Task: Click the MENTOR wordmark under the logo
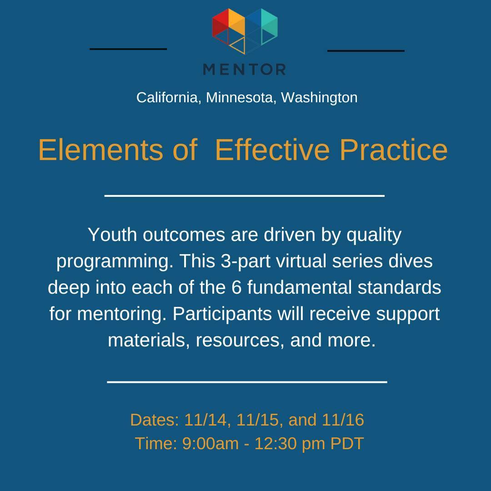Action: [244, 69]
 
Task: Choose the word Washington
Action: [319, 98]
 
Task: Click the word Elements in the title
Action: [100, 150]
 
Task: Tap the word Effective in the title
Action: [272, 150]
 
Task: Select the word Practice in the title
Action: [394, 150]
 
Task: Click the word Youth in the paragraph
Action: [112, 235]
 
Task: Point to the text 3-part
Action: [245, 261]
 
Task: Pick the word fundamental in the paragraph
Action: [299, 287]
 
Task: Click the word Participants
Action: [222, 314]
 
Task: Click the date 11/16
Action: [343, 420]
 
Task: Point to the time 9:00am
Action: [210, 443]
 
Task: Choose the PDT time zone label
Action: [347, 443]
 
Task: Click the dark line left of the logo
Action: [128, 49]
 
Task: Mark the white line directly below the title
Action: [244, 195]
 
